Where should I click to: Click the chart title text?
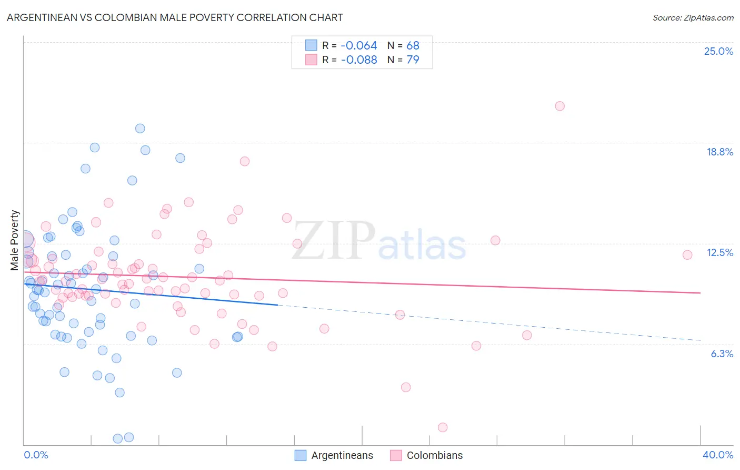coord(174,17)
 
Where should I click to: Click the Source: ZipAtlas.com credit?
coord(693,17)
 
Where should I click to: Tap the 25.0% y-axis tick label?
coord(718,51)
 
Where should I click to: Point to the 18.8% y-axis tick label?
coord(719,152)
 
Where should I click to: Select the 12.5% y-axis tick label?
coord(719,252)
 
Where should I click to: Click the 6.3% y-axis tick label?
coord(722,354)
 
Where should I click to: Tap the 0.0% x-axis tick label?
coord(36,455)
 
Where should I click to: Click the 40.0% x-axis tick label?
coord(718,455)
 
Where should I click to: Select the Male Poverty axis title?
coord(15,240)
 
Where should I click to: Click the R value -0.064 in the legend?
coord(359,45)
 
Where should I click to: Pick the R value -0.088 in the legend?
coord(359,60)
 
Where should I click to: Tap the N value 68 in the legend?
coord(413,45)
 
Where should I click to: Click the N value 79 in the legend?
coord(413,60)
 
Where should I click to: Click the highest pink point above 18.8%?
coord(559,106)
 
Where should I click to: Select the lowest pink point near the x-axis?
coord(443,427)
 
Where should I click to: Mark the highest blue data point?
coord(140,129)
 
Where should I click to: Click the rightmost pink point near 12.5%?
coord(687,255)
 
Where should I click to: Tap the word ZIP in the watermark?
coord(334,241)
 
